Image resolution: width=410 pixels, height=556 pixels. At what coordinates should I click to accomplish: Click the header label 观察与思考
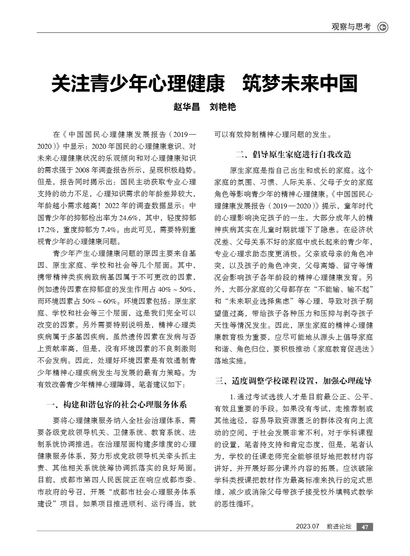pos(351,27)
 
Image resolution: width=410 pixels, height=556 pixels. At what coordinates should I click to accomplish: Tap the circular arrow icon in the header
pos(382,27)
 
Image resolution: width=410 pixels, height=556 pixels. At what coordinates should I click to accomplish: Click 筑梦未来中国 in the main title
pos(300,84)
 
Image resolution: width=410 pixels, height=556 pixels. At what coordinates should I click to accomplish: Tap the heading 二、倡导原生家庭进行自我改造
pos(293,154)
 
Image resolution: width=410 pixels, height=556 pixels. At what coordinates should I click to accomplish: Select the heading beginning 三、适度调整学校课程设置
pos(293,380)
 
